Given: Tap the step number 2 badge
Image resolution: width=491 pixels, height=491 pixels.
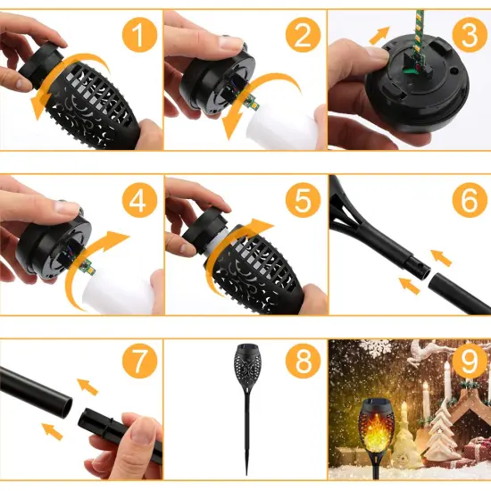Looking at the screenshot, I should (303, 36).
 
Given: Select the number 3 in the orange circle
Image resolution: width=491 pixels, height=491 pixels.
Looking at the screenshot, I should (466, 36).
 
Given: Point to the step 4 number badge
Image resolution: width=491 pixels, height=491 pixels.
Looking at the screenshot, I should (137, 201).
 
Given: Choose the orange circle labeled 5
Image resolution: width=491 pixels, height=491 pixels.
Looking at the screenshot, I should (303, 201).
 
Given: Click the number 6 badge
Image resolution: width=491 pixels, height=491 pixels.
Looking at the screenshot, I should (466, 201).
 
